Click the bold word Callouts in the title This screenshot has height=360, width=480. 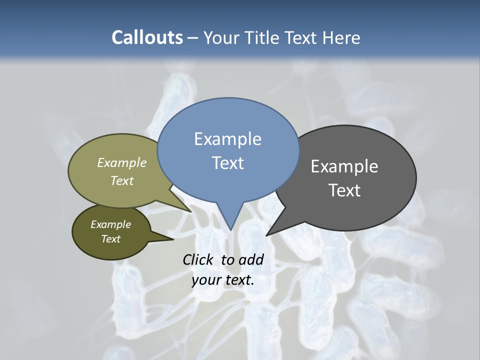click(x=147, y=37)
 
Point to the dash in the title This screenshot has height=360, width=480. click(x=193, y=38)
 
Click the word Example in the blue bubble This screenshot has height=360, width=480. click(x=227, y=138)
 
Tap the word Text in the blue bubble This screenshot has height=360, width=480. click(x=228, y=162)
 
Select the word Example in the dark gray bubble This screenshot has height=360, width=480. click(x=344, y=166)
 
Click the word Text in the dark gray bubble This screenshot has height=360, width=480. click(x=344, y=190)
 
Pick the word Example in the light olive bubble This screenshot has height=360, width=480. click(x=122, y=162)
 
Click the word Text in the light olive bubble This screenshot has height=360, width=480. click(x=122, y=180)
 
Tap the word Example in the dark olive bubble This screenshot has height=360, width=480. click(x=110, y=224)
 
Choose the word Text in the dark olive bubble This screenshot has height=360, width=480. click(x=110, y=239)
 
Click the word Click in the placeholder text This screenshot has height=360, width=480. click(x=198, y=259)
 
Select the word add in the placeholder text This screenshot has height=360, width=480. click(x=251, y=259)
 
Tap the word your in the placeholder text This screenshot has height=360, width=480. click(x=205, y=280)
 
